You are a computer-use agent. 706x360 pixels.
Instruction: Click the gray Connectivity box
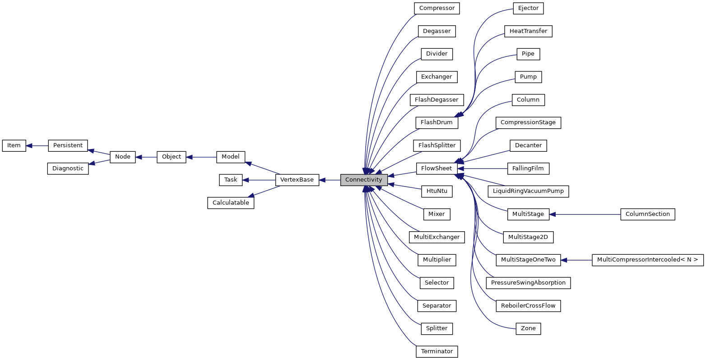pos(364,180)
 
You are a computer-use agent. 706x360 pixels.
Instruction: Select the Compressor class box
pos(437,8)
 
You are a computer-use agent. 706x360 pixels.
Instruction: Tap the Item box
pos(14,145)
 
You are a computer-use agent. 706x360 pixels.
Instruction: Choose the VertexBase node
pos(297,180)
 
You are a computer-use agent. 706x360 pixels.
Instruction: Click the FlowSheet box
pos(437,168)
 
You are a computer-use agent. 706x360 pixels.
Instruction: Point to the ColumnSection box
pos(647,214)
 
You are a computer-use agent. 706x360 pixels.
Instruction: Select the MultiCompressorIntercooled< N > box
pos(647,260)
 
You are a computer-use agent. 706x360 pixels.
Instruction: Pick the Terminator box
pos(437,351)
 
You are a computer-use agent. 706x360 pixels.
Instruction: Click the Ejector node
pos(528,8)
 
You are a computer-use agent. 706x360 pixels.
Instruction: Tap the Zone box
pos(528,328)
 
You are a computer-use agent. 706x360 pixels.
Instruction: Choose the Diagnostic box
pos(68,168)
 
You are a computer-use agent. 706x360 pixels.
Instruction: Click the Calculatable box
pos(231,203)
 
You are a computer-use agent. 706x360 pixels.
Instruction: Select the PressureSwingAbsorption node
pos(528,283)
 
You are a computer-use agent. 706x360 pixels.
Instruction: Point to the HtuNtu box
pos(437,191)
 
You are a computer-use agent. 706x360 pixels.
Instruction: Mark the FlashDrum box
pos(437,122)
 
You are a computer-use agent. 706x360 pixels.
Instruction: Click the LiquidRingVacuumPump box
pos(528,191)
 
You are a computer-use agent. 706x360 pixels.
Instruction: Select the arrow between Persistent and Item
pos(37,145)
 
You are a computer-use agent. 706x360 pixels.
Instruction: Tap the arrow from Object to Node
pos(146,157)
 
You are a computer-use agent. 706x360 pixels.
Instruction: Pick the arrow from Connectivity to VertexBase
pos(330,180)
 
